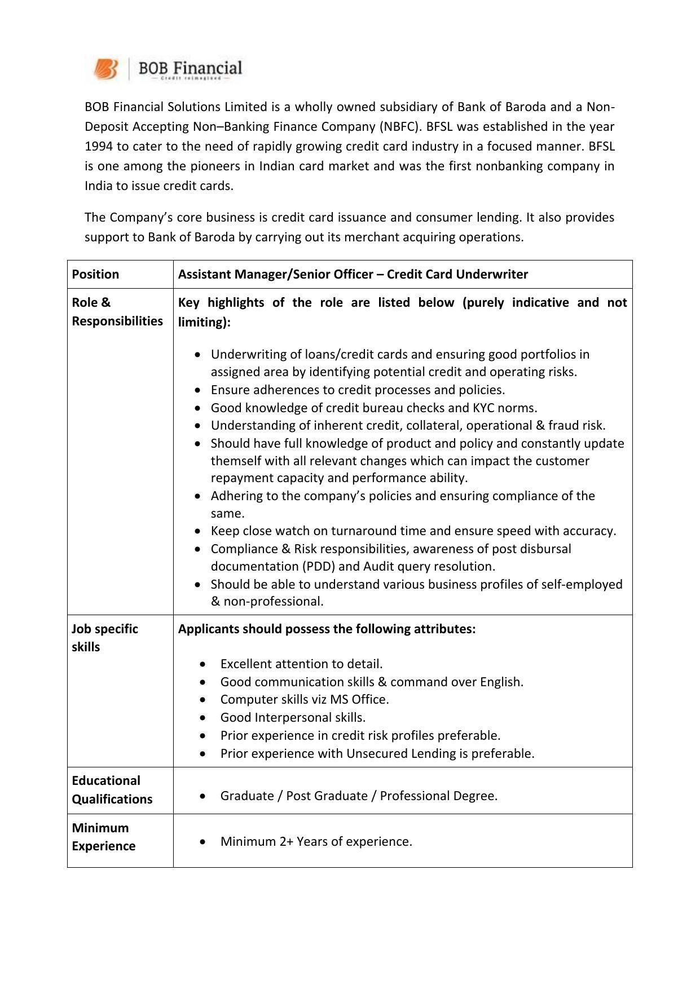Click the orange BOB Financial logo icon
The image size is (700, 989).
click(105, 69)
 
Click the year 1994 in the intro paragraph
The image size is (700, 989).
click(98, 147)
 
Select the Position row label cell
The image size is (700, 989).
click(95, 275)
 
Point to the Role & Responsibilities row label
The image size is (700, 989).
click(117, 312)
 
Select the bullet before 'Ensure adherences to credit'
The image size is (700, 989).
click(197, 390)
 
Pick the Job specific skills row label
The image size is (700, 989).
click(105, 638)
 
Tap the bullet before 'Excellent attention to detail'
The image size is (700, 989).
click(202, 664)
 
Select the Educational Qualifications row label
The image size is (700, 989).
click(112, 790)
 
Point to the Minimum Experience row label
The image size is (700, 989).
click(103, 837)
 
